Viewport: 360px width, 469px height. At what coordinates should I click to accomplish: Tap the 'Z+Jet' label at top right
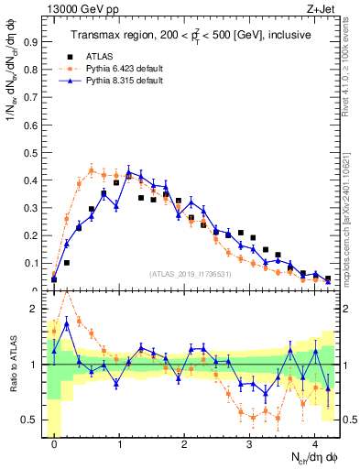[322, 9]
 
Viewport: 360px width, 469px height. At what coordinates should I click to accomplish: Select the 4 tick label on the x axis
[314, 443]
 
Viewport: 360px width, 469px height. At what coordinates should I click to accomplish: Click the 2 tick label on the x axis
[184, 443]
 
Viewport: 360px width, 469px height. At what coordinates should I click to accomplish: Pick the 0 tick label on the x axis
[54, 443]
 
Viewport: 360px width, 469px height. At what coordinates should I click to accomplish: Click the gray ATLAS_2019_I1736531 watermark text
[190, 273]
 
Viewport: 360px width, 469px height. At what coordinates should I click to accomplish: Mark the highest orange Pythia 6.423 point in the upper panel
[92, 169]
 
